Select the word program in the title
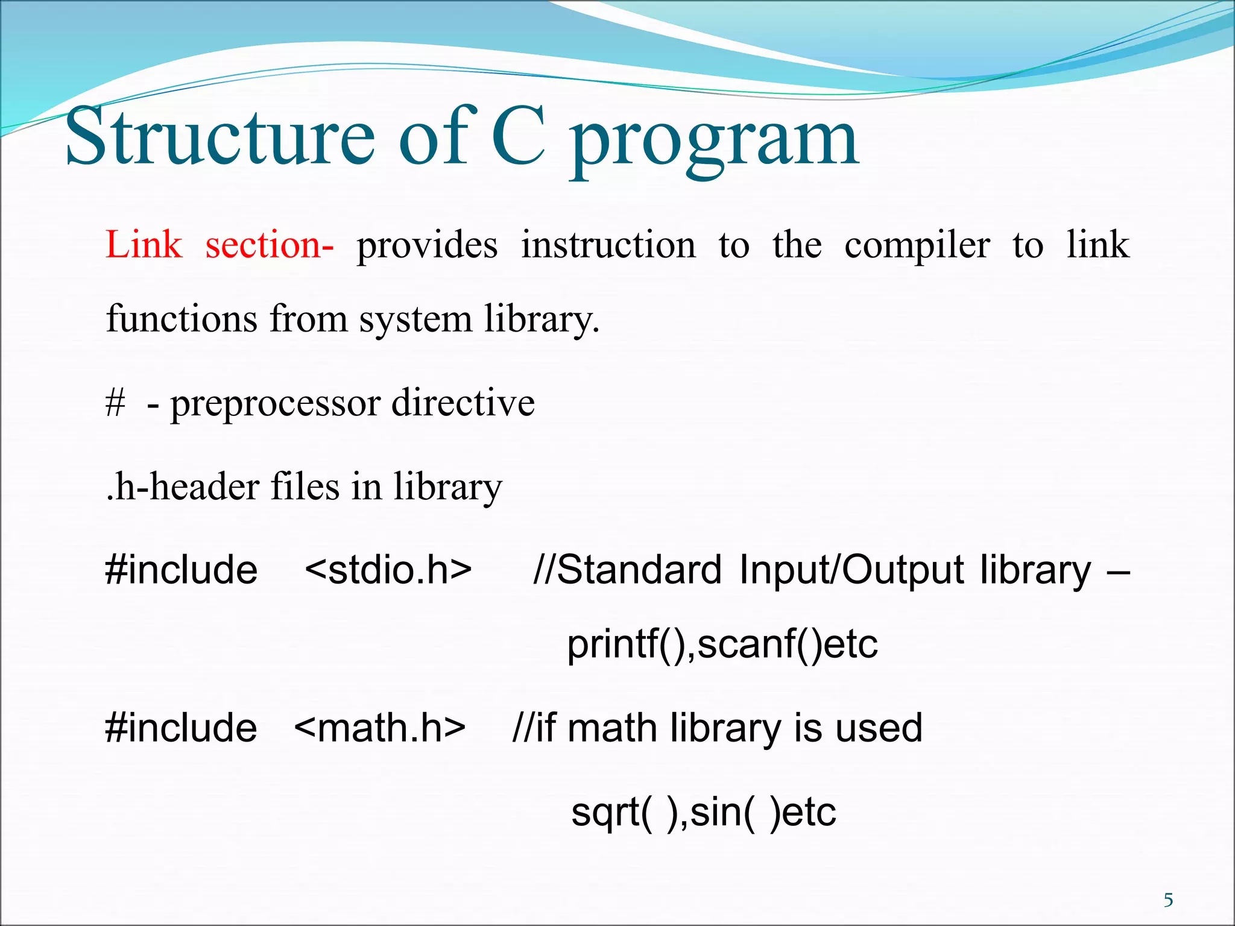click(714, 142)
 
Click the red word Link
click(144, 245)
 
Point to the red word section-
click(269, 245)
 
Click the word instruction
click(608, 245)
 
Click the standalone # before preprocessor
click(115, 403)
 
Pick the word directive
click(463, 403)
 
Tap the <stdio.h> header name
click(388, 569)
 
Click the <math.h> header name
click(380, 727)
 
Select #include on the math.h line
click(181, 727)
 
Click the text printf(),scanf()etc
click(722, 644)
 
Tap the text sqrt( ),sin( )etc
click(703, 811)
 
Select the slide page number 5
click(1168, 900)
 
